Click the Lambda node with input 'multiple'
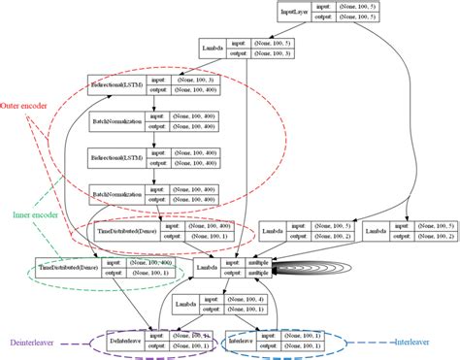pos(205,267)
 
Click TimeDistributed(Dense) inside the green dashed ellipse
pos(70,267)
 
